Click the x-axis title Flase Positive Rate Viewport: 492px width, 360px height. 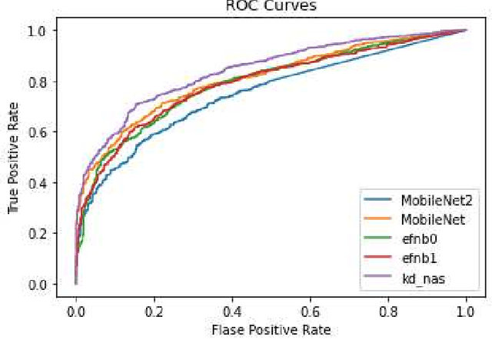[270, 331]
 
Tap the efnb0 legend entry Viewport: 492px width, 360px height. [417, 240]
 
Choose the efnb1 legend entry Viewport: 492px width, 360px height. [417, 260]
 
